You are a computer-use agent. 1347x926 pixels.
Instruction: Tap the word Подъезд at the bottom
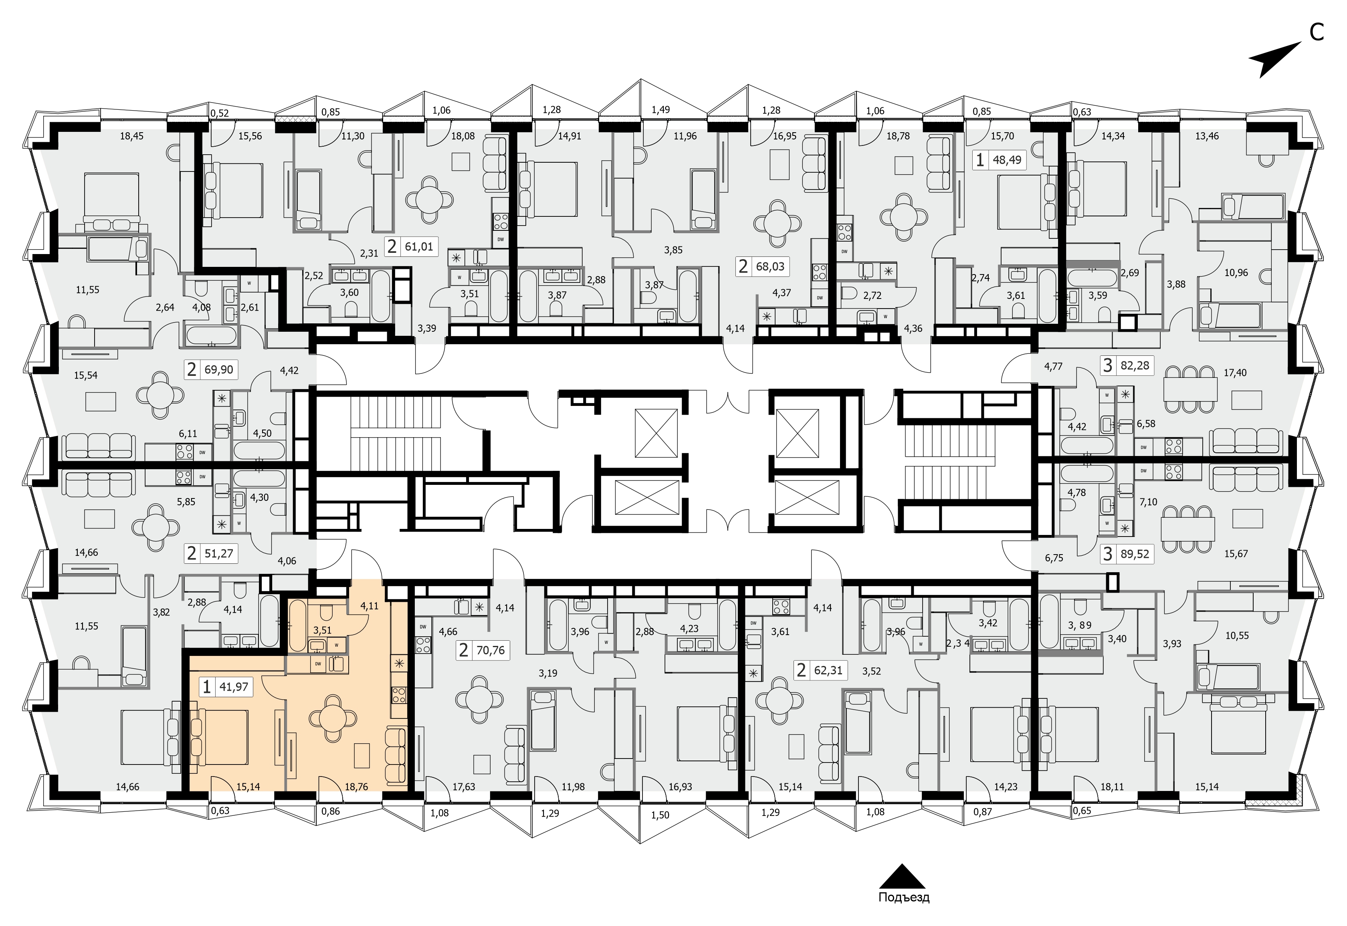coord(904,898)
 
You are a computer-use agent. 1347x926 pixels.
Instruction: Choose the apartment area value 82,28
coord(1135,365)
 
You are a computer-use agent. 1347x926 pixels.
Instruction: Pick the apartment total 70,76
coord(491,650)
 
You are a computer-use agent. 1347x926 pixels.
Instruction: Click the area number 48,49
coord(1007,159)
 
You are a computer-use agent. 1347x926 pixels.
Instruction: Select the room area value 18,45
coord(132,136)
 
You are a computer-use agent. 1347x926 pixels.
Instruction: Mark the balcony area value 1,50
coord(660,815)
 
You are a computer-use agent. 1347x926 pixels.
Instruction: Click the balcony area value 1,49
coord(660,110)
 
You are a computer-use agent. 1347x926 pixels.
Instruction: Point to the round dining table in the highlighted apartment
coord(333,719)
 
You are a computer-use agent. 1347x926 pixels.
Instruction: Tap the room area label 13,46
coord(1207,136)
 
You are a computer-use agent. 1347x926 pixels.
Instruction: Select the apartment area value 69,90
coord(219,369)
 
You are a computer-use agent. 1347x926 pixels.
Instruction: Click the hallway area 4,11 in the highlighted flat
coord(369,606)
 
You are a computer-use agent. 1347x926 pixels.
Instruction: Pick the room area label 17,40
coord(1235,373)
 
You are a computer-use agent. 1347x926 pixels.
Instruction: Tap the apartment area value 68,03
coord(770,267)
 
